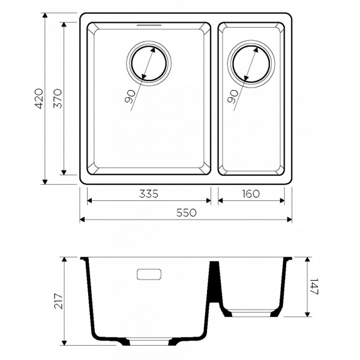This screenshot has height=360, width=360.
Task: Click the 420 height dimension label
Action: pyautogui.click(x=38, y=99)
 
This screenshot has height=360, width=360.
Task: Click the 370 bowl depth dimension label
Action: pyautogui.click(x=58, y=99)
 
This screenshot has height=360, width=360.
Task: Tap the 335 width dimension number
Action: pyautogui.click(x=149, y=194)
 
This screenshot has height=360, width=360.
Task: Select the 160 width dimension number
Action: pyautogui.click(x=251, y=194)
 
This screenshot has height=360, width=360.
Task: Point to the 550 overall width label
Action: pyautogui.click(x=187, y=213)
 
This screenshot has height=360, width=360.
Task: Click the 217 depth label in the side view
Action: pyautogui.click(x=59, y=301)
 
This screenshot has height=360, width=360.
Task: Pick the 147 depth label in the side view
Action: pyautogui.click(x=314, y=286)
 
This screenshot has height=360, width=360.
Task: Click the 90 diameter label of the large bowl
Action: pyautogui.click(x=130, y=97)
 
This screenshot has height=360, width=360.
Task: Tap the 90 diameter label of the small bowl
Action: pyautogui.click(x=233, y=97)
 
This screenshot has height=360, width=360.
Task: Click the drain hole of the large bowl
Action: pyautogui.click(x=149, y=64)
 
